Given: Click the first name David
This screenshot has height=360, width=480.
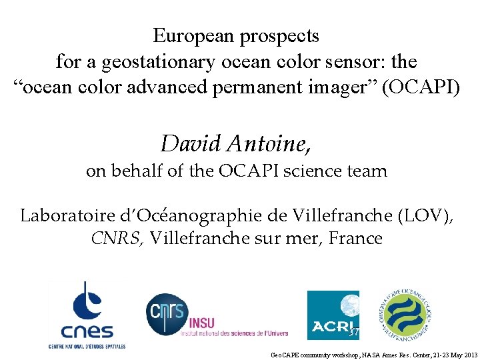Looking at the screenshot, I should pos(191,143).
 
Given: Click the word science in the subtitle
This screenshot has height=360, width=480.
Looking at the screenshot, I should pos(307,171).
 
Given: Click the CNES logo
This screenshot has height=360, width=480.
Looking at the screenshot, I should pos(87,314).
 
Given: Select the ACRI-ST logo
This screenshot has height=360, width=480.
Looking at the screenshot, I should pos(333,315).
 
